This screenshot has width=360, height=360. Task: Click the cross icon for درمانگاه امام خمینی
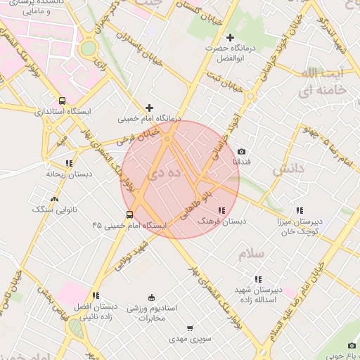148,108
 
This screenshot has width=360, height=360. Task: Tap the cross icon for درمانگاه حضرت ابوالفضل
230,37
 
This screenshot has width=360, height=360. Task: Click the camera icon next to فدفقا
241,152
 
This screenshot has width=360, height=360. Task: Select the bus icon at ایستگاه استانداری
62,101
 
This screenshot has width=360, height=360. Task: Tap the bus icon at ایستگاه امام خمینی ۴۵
129,214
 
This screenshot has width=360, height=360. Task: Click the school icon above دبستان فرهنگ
222,210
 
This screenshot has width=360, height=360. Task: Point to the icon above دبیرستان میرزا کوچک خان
300,210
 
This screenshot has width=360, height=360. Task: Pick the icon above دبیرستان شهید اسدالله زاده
258,279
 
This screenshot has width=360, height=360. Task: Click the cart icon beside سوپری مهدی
189,328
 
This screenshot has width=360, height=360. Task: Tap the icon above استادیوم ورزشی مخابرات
152,298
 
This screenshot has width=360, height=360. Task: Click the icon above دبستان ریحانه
63,162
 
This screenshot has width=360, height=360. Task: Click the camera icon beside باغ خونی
352,345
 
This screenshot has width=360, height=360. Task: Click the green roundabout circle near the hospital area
88,48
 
